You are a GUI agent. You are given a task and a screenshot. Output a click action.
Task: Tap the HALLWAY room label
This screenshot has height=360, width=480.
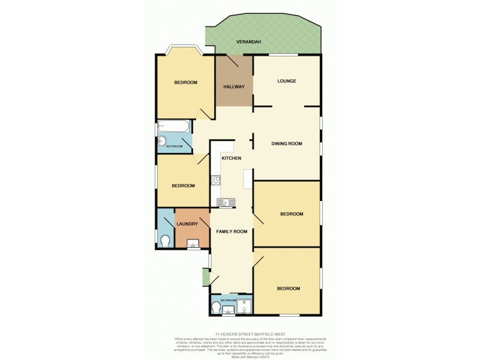click(x=234, y=87)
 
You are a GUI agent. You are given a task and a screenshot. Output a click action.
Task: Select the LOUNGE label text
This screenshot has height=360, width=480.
click(x=287, y=81)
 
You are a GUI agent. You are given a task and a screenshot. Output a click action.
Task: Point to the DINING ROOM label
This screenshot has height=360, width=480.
click(x=286, y=144)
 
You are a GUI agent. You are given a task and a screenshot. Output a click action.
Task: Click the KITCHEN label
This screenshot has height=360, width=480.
click(x=232, y=158)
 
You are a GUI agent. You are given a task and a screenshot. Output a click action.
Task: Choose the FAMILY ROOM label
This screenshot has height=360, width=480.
click(x=232, y=232)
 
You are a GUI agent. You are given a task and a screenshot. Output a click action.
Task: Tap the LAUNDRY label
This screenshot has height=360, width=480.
click(x=187, y=224)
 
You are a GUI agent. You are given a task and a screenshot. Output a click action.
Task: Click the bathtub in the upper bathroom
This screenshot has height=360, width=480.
click(x=174, y=127)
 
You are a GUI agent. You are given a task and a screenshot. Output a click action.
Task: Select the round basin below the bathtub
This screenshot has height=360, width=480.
click(x=162, y=142)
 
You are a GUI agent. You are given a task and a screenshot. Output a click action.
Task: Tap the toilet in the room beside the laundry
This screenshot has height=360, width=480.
click(x=166, y=241)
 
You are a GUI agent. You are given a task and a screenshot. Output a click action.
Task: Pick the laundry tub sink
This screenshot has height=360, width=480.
click(x=194, y=244)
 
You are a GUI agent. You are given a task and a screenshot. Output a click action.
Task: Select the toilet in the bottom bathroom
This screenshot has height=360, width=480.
click(x=217, y=308)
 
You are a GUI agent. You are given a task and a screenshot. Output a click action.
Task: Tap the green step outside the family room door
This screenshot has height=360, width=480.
click(x=206, y=278)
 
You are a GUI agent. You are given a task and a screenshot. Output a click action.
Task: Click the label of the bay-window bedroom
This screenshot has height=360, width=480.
click(x=185, y=83)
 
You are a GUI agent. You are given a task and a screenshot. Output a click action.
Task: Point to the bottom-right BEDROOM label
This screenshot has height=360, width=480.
click(x=288, y=289)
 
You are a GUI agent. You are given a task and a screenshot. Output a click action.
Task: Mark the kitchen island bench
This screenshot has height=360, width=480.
click(x=247, y=179)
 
